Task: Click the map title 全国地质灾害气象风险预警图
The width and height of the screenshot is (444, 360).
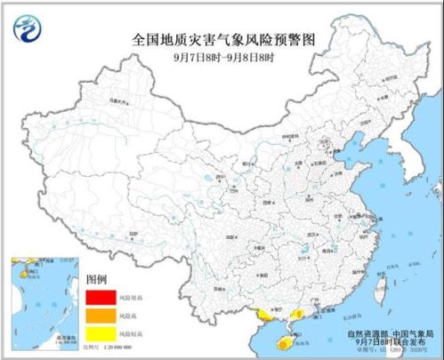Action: (223, 40)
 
